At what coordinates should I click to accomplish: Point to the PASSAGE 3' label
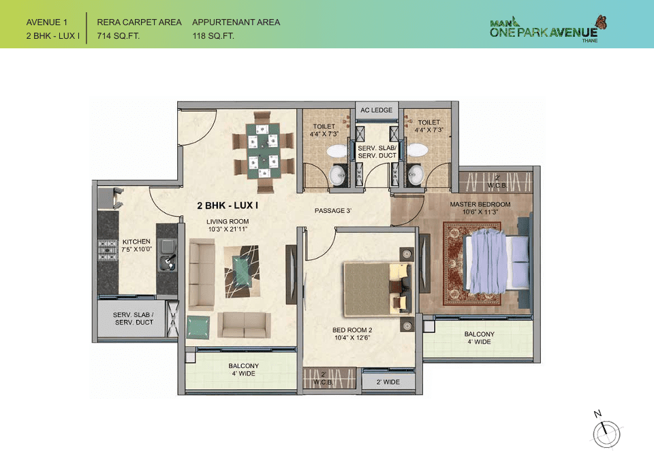pyautogui.click(x=332, y=211)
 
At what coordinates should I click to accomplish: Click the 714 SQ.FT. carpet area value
pyautogui.click(x=119, y=36)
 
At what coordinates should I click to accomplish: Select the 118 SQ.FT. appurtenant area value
pyautogui.click(x=213, y=36)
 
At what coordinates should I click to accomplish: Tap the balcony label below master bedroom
pyautogui.click(x=480, y=338)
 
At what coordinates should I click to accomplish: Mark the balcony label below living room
pyautogui.click(x=243, y=370)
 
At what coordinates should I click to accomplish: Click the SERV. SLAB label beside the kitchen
pyautogui.click(x=133, y=318)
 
